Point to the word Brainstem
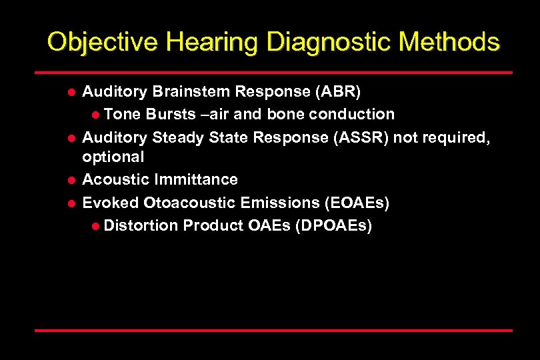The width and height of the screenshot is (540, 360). point(189,91)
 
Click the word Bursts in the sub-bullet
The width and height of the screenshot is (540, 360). point(170,114)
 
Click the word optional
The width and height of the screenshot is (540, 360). point(113,157)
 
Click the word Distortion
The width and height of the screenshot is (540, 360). point(141,226)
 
